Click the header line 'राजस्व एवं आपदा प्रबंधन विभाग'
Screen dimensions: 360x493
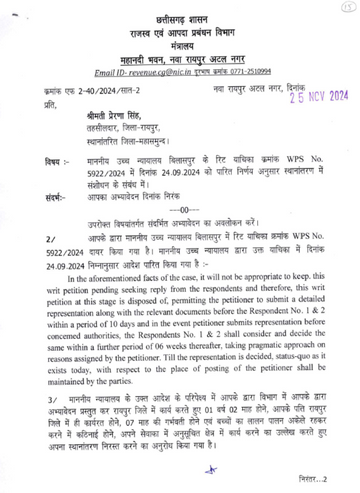(180, 32)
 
